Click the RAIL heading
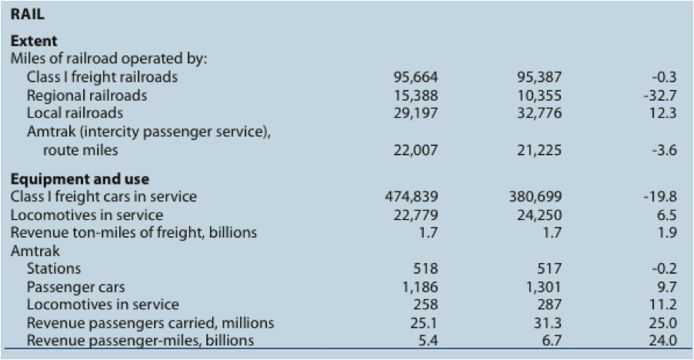(28, 13)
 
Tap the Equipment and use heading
(80, 180)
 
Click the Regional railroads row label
(87, 95)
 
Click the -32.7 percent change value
(662, 95)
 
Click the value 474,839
(411, 197)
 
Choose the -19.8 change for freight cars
(662, 197)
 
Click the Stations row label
(54, 269)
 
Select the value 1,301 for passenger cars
(545, 287)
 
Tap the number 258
(425, 305)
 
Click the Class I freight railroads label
(102, 78)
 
